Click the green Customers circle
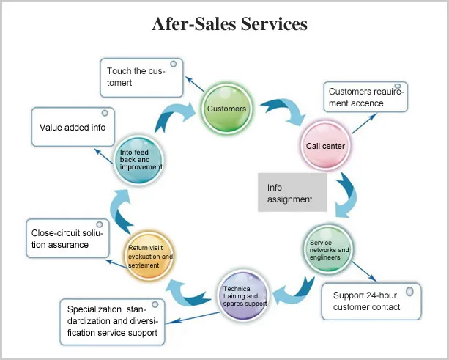[227, 109]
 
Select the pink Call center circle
[325, 146]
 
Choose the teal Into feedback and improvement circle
[140, 158]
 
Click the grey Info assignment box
[292, 193]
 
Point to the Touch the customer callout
[142, 78]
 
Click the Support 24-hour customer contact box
[371, 301]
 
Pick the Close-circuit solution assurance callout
[67, 238]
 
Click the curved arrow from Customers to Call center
[283, 110]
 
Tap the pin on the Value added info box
[104, 114]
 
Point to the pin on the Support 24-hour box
[409, 291]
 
